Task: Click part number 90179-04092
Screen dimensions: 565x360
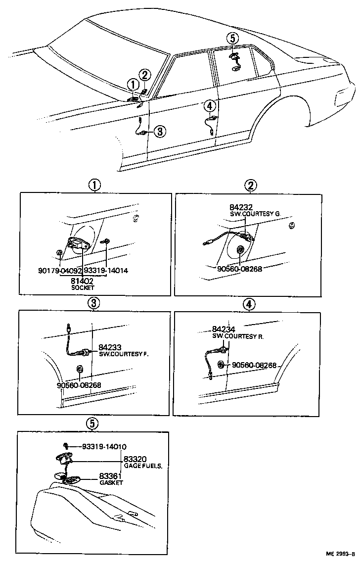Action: tap(60, 271)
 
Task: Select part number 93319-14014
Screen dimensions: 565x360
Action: tap(106, 271)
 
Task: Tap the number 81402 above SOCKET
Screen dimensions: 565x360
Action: tap(83, 280)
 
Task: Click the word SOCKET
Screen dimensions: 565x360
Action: tap(83, 287)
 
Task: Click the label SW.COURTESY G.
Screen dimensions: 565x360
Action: tap(255, 214)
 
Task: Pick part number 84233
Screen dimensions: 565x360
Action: tap(110, 347)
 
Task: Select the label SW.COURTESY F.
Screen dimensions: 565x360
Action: tap(124, 354)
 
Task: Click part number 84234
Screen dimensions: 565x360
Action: tap(224, 329)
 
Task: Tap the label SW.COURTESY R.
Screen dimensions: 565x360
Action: tap(238, 336)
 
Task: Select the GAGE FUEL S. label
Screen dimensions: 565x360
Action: tap(143, 466)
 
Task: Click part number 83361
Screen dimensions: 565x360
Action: tap(111, 476)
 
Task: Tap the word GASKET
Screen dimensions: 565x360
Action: tap(111, 482)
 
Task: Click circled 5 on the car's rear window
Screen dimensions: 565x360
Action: tap(232, 38)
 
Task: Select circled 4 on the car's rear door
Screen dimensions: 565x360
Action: tap(210, 105)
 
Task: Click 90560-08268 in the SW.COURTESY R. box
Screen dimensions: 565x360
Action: tap(253, 365)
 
